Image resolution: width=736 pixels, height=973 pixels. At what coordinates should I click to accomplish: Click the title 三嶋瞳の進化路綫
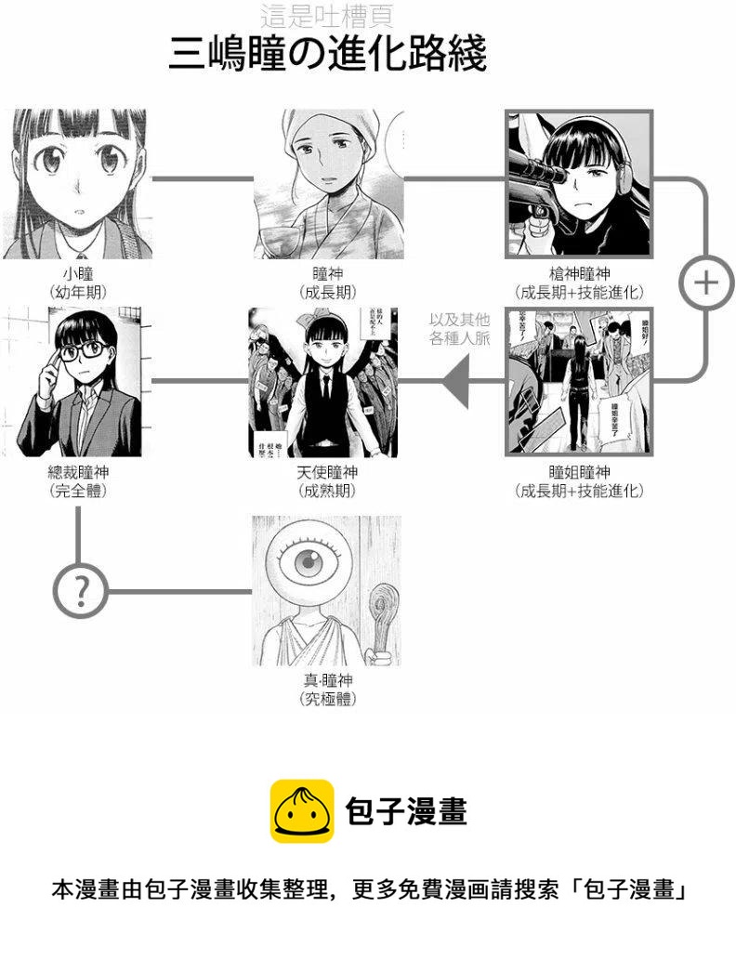click(x=327, y=55)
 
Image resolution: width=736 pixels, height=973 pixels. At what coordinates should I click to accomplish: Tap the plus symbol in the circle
click(x=706, y=282)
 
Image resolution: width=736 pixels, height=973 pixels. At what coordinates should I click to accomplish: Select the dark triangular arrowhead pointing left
click(x=454, y=380)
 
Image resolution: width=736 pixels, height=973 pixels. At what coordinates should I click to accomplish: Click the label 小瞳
click(x=78, y=274)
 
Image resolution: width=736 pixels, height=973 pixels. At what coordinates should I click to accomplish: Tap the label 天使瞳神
click(x=327, y=473)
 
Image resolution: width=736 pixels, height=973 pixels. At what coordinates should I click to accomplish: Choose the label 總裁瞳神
click(x=78, y=473)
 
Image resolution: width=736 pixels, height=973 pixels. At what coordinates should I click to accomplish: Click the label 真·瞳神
click(x=327, y=681)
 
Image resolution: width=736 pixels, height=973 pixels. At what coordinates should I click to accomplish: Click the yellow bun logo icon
click(x=302, y=810)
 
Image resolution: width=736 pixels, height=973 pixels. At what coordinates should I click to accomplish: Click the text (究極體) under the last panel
click(x=327, y=700)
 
